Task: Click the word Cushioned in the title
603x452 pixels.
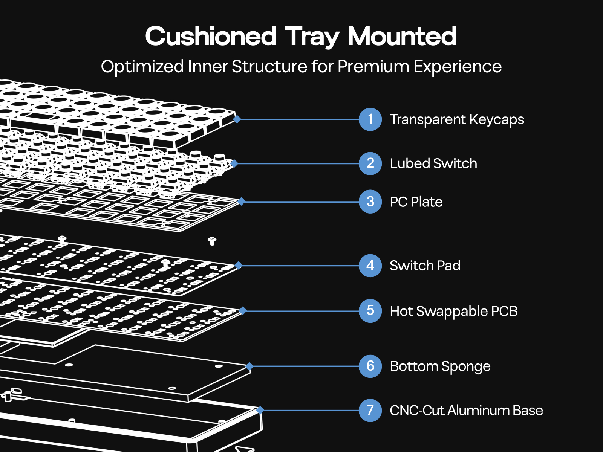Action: click(x=211, y=37)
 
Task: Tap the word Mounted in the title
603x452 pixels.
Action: click(x=402, y=37)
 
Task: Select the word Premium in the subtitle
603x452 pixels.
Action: click(x=373, y=67)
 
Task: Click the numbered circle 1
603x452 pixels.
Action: click(x=370, y=119)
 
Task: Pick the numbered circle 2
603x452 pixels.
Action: click(x=370, y=163)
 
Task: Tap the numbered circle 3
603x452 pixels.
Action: click(x=370, y=202)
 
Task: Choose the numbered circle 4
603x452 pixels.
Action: click(x=370, y=266)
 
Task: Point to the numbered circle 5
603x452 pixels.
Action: click(x=370, y=311)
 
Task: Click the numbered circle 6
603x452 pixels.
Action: click(x=370, y=366)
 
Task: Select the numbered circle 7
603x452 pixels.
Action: click(x=370, y=410)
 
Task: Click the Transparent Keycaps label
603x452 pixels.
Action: click(x=457, y=119)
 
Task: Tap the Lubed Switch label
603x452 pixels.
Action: click(x=433, y=163)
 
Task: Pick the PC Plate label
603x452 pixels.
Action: click(x=416, y=202)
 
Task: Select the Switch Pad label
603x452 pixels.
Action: click(x=425, y=266)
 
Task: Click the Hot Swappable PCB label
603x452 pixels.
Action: click(x=454, y=311)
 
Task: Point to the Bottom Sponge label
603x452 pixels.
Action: click(x=440, y=366)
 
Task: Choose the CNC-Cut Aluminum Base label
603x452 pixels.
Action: click(x=466, y=410)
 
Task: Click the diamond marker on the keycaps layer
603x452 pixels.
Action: click(x=237, y=119)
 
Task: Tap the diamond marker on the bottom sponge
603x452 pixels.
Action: click(x=249, y=366)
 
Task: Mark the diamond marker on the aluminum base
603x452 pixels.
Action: click(x=260, y=410)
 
